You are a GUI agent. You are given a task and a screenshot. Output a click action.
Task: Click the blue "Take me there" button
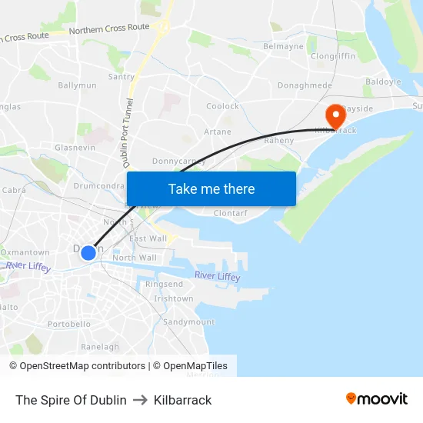coord(211,188)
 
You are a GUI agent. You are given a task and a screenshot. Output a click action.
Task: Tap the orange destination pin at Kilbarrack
coord(336,115)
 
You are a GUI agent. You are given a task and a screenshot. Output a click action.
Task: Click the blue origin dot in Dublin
coord(88,252)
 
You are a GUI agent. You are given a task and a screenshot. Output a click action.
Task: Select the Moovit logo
coord(377,399)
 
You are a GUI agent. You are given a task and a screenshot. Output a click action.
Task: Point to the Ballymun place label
coord(77,85)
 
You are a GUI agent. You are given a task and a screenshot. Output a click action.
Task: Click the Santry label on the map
coord(122,77)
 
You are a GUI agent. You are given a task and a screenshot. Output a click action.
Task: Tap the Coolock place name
coord(223,107)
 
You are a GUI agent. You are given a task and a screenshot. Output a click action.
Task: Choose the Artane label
coord(217,132)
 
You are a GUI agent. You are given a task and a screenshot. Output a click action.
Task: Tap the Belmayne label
coord(284,46)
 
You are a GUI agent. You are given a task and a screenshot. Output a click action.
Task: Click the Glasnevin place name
coord(74,147)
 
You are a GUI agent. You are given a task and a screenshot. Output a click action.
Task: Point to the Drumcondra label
coord(98,185)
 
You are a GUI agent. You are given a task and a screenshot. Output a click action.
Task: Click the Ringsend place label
coord(165,284)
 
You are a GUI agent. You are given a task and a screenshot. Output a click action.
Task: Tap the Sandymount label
coord(188,321)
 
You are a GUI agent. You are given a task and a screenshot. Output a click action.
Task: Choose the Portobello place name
coord(69,324)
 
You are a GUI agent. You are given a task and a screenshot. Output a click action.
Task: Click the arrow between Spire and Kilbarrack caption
coord(140,400)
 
